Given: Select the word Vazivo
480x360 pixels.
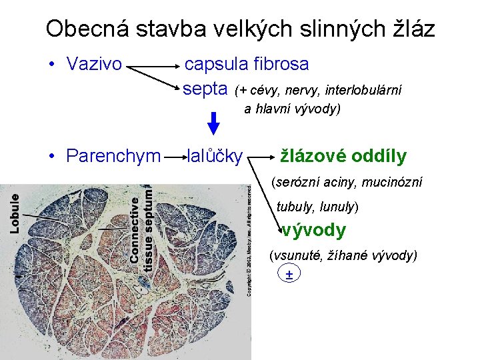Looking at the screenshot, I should [x=94, y=64].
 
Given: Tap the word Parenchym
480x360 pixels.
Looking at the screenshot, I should [x=113, y=156].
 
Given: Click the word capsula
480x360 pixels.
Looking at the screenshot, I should [x=217, y=64].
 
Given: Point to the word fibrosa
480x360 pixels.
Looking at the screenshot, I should [x=281, y=64].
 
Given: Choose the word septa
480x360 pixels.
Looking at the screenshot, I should [x=205, y=89].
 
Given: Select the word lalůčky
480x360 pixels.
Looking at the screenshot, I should [x=215, y=156].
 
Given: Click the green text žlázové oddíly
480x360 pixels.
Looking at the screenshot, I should [x=343, y=156].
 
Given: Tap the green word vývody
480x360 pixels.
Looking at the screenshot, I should [x=313, y=231].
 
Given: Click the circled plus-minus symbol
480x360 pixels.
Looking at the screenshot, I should [x=289, y=274].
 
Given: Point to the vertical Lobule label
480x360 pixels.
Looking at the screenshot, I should [x=14, y=213].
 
